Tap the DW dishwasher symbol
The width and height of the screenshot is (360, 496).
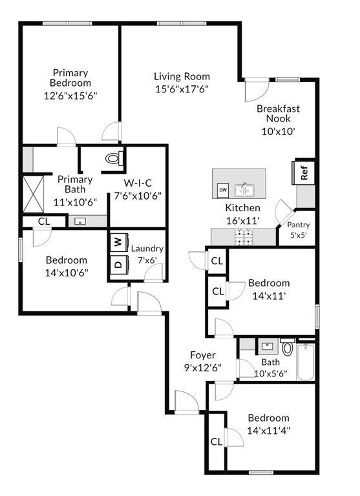tap(222, 190)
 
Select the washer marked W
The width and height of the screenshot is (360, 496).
tap(118, 242)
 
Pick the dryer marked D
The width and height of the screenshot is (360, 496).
tap(118, 264)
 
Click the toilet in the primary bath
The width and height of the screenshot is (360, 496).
tap(114, 158)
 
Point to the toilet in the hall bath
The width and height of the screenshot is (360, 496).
tap(288, 349)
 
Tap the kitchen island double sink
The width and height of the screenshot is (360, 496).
tap(244, 190)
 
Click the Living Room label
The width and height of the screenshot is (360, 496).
tap(181, 83)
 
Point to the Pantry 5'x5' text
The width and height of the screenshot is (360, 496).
tap(299, 230)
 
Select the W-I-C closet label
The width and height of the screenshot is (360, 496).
tap(137, 189)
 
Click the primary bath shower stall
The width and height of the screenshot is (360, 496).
tap(33, 192)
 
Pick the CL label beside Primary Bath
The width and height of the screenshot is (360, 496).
tap(43, 222)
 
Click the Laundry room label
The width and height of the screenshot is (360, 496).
tap(147, 248)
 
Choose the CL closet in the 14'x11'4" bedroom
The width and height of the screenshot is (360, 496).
tap(216, 442)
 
